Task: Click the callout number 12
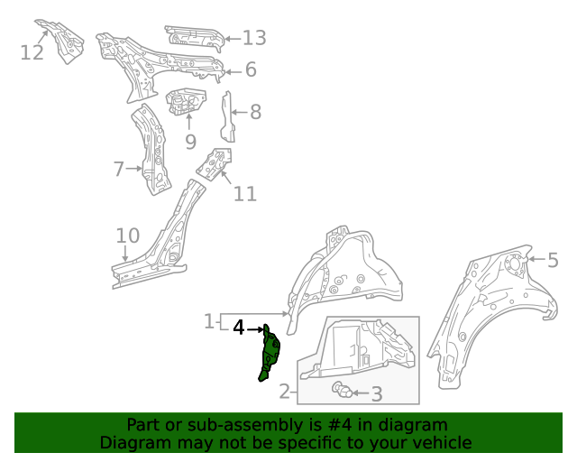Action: pos(32,53)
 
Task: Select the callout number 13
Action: pos(254,38)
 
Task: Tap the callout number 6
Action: pos(251,69)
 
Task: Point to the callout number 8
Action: pos(255,112)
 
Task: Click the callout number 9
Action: pos(190,141)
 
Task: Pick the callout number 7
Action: pos(118,169)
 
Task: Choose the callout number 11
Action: pos(245,193)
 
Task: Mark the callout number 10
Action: pos(127,236)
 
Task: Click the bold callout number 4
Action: pos(239,328)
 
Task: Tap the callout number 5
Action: pos(553,260)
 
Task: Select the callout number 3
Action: pos(377,393)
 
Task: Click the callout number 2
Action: pos(285,392)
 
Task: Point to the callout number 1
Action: pos(207,321)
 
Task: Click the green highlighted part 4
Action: pos(270,354)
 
